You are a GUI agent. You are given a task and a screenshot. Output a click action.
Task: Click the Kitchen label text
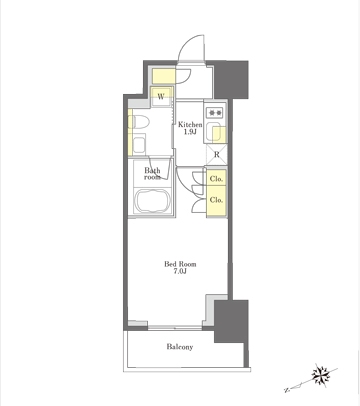click(x=190, y=125)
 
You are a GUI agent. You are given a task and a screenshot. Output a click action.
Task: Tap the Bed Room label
click(x=180, y=264)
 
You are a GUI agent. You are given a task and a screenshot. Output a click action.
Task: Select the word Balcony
click(x=180, y=347)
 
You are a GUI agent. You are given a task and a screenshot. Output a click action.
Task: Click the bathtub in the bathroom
click(x=152, y=201)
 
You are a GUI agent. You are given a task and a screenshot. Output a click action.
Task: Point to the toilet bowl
click(x=140, y=122)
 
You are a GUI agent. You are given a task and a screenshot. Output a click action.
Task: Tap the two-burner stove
click(x=215, y=113)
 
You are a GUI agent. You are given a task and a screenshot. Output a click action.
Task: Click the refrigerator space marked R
click(x=216, y=155)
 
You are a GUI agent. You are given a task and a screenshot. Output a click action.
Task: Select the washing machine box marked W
click(x=161, y=97)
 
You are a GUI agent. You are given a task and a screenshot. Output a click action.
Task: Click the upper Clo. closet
click(x=216, y=179)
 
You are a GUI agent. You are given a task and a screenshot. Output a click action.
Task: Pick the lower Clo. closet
click(x=216, y=201)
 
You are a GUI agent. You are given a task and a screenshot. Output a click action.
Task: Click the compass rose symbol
click(x=322, y=375)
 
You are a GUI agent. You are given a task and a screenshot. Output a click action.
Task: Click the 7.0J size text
click(x=180, y=271)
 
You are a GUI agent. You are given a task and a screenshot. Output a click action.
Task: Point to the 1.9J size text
click(x=190, y=132)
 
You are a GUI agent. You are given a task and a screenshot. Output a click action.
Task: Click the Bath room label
click(x=152, y=174)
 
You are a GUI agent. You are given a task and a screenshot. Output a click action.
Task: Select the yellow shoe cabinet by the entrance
click(x=164, y=76)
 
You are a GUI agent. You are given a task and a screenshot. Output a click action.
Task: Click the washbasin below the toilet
click(x=139, y=145)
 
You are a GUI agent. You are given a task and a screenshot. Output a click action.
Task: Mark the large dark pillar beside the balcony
click(x=231, y=321)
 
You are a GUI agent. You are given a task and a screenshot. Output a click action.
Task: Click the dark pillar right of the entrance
click(x=231, y=79)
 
